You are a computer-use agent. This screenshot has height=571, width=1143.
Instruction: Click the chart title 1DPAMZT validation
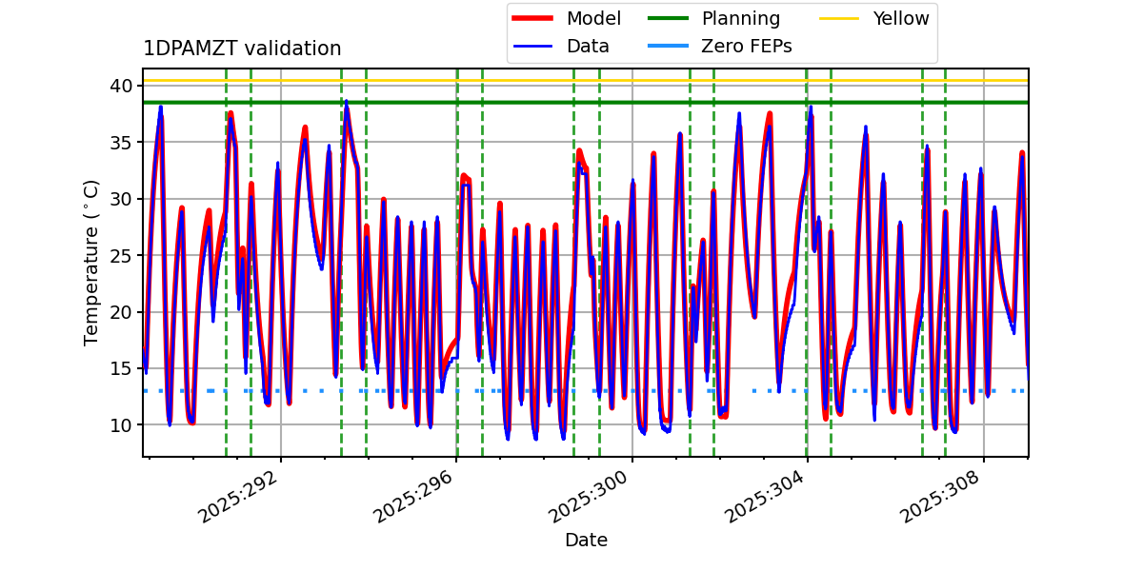click(242, 49)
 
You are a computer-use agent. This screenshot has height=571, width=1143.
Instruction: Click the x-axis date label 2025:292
click(239, 499)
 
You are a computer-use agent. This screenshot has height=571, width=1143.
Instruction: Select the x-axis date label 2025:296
click(414, 499)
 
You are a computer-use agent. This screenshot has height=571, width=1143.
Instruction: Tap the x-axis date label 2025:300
click(590, 499)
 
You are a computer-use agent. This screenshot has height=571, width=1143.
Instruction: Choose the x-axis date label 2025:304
click(766, 499)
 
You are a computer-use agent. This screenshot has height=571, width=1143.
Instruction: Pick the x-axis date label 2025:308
click(941, 499)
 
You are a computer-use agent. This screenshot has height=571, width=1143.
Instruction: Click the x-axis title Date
click(586, 541)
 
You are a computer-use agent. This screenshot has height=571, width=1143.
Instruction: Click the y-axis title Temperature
click(92, 263)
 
